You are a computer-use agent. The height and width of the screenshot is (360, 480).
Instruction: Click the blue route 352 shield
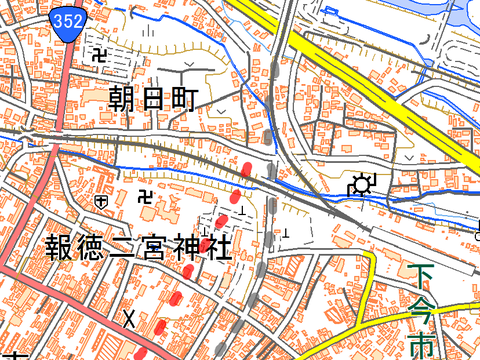[69, 20]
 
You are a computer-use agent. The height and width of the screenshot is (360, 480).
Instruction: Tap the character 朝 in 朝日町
[124, 98]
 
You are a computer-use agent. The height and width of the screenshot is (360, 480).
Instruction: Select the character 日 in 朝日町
[155, 98]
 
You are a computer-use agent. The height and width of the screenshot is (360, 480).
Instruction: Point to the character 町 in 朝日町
[186, 98]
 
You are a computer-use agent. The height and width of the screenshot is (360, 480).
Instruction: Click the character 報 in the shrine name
[60, 247]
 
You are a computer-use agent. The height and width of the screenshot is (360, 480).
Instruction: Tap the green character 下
[425, 273]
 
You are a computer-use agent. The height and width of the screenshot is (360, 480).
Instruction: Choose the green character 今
[425, 307]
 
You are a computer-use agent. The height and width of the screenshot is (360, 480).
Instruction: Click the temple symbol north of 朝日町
[99, 52]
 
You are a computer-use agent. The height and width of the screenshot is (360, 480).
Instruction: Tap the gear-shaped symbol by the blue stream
[360, 184]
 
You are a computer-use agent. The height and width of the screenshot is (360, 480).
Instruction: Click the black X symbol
[128, 318]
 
